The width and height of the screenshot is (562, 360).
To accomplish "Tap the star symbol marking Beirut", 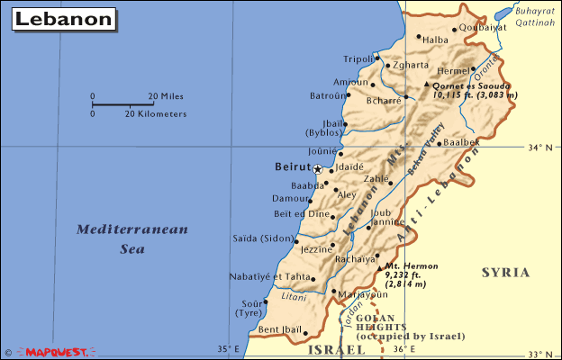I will click(317, 168).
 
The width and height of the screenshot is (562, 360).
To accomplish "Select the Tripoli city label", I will click(358, 58).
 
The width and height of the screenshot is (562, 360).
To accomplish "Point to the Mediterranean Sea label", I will click(132, 238).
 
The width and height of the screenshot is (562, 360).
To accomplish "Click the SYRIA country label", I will click(505, 272).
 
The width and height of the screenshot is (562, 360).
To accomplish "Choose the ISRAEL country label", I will click(331, 348).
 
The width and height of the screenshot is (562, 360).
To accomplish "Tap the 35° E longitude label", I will click(228, 348).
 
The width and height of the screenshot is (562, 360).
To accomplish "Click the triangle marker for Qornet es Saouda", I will click(427, 85).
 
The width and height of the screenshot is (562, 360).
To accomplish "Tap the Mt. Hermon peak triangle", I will click(377, 266).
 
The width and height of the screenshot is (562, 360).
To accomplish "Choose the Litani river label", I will click(295, 294).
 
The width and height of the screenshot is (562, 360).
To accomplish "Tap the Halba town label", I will click(435, 40).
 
